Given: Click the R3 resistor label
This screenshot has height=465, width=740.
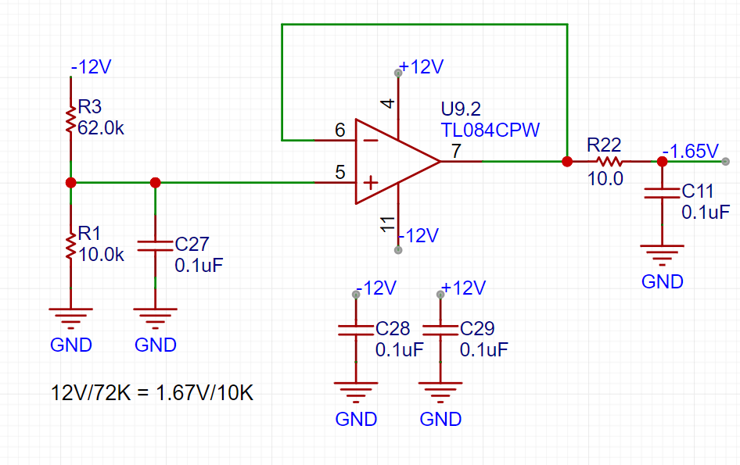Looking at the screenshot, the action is (x=90, y=106).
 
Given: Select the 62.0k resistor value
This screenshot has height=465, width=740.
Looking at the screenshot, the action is (x=101, y=128).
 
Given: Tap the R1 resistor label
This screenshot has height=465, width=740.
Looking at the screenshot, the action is (x=90, y=233).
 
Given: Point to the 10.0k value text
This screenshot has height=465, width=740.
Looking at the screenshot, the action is (x=101, y=255).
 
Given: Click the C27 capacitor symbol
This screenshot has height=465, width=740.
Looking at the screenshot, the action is (x=155, y=245).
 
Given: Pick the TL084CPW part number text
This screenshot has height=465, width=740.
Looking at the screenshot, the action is (x=490, y=131).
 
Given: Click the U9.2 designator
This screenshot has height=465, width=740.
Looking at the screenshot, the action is (x=461, y=109).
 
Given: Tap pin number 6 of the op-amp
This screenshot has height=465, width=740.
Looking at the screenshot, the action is (x=339, y=130).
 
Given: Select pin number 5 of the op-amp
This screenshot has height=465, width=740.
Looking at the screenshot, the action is (x=339, y=172).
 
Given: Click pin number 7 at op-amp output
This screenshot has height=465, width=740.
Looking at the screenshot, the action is (x=456, y=151).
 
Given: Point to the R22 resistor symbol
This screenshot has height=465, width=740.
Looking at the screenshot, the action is (x=609, y=162).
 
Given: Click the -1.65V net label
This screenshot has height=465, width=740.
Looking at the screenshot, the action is (x=690, y=152).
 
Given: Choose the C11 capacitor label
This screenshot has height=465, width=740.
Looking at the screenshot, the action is (x=698, y=191).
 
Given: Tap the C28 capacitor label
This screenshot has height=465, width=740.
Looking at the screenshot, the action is (x=393, y=328).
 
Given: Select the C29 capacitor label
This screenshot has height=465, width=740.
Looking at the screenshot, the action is (x=477, y=328).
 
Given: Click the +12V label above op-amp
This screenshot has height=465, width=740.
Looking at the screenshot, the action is (x=421, y=67).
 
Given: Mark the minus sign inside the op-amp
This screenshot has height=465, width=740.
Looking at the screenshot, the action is (x=372, y=140).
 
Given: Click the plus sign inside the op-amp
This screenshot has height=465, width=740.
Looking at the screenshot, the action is (x=371, y=183).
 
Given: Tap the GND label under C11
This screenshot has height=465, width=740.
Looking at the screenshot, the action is (x=662, y=281).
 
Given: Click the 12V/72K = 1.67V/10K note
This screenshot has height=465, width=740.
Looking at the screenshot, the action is (x=152, y=393).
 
